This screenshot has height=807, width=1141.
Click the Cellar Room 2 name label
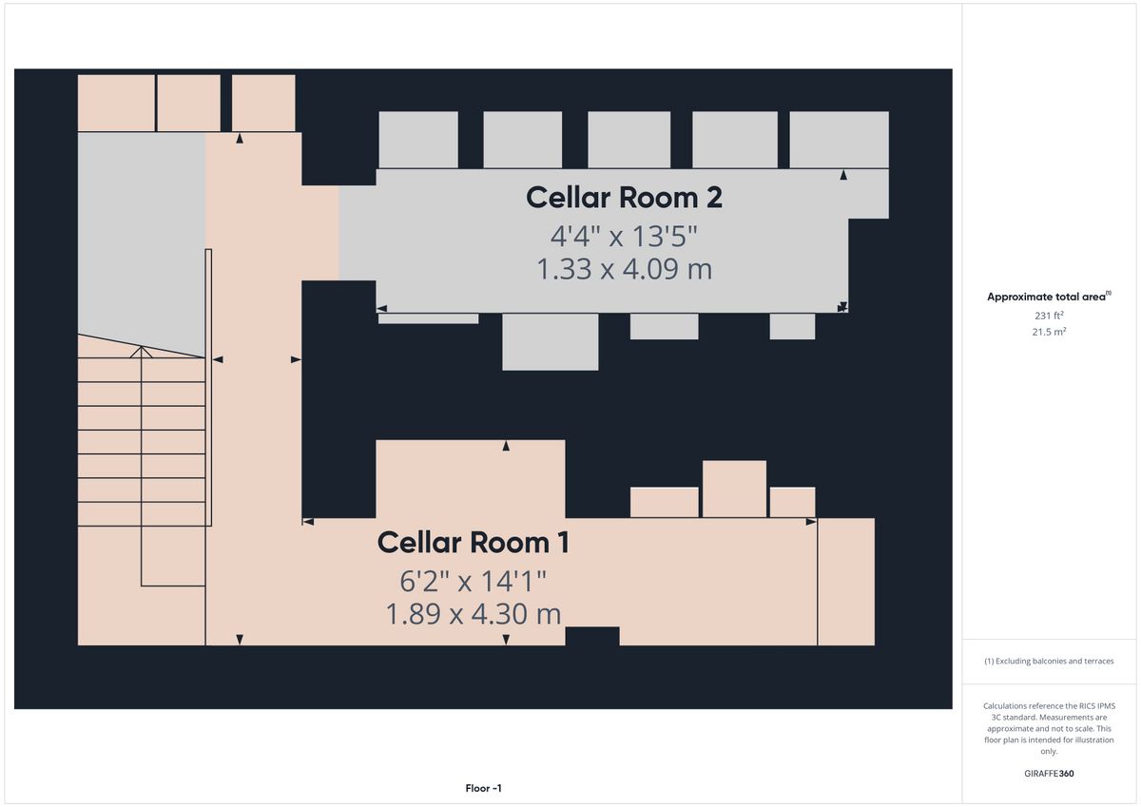(624, 198)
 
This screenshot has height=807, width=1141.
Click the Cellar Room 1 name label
(473, 542)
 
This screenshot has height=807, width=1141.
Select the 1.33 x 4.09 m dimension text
(624, 269)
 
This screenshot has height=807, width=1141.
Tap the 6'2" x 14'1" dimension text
(473, 581)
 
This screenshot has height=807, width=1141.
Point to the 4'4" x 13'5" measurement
(624, 237)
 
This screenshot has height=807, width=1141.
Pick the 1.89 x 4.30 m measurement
(474, 613)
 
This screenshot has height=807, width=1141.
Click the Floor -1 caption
(483, 788)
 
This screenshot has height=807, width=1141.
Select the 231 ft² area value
(1049, 316)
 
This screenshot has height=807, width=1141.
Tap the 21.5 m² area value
(1049, 332)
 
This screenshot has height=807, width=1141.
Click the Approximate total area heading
(1049, 297)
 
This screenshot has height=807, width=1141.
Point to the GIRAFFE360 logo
(1049, 774)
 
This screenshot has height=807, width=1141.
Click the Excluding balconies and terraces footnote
(1049, 661)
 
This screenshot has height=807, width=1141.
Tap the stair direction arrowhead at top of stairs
(141, 352)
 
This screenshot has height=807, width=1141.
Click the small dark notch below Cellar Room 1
(592, 637)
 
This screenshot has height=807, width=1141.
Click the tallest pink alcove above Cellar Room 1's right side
(734, 489)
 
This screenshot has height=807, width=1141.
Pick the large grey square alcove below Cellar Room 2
(551, 341)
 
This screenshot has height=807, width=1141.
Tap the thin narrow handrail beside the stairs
(208, 387)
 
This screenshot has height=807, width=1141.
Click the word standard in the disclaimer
(1019, 717)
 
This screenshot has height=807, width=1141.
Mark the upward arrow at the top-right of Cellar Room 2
(843, 175)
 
